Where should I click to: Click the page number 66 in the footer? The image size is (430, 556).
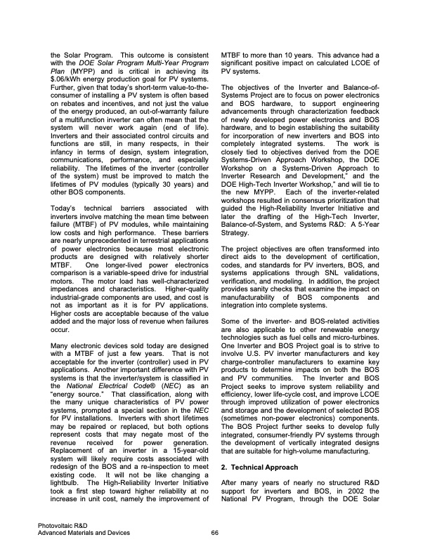214,533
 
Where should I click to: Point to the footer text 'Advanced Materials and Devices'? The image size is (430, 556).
85,533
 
